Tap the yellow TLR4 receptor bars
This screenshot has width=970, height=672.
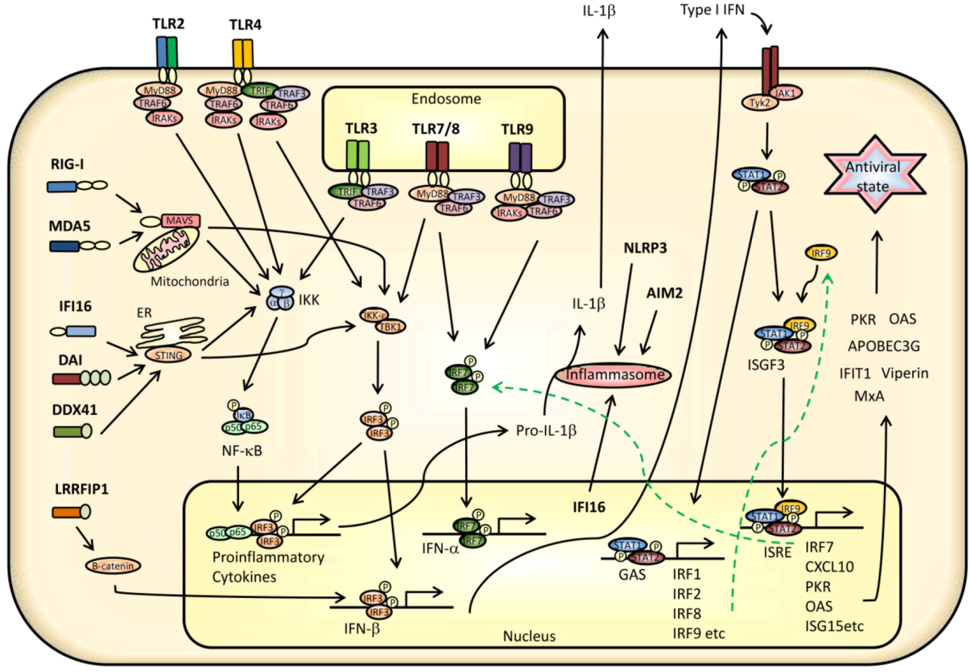click(x=243, y=55)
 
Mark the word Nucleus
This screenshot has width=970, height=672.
click(x=528, y=637)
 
